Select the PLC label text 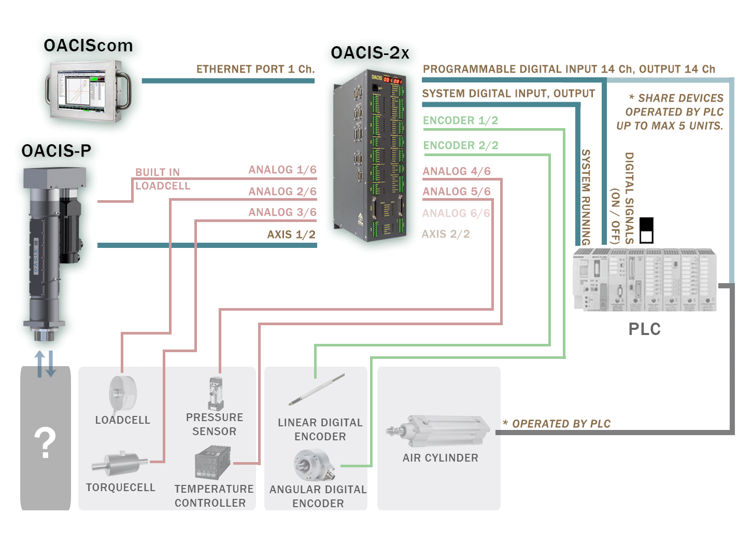point(644,329)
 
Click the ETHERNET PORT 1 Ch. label point(256,69)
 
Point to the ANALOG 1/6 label point(282,170)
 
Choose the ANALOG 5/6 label point(457,192)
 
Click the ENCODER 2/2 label point(461,146)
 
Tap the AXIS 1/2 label point(291,234)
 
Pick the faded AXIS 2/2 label point(446,234)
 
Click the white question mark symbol point(45,443)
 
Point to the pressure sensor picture point(216,394)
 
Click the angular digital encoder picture point(313,465)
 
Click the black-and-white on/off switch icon point(646,230)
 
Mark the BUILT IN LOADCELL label point(162,179)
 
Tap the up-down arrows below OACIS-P point(45,364)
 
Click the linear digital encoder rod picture point(317,389)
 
